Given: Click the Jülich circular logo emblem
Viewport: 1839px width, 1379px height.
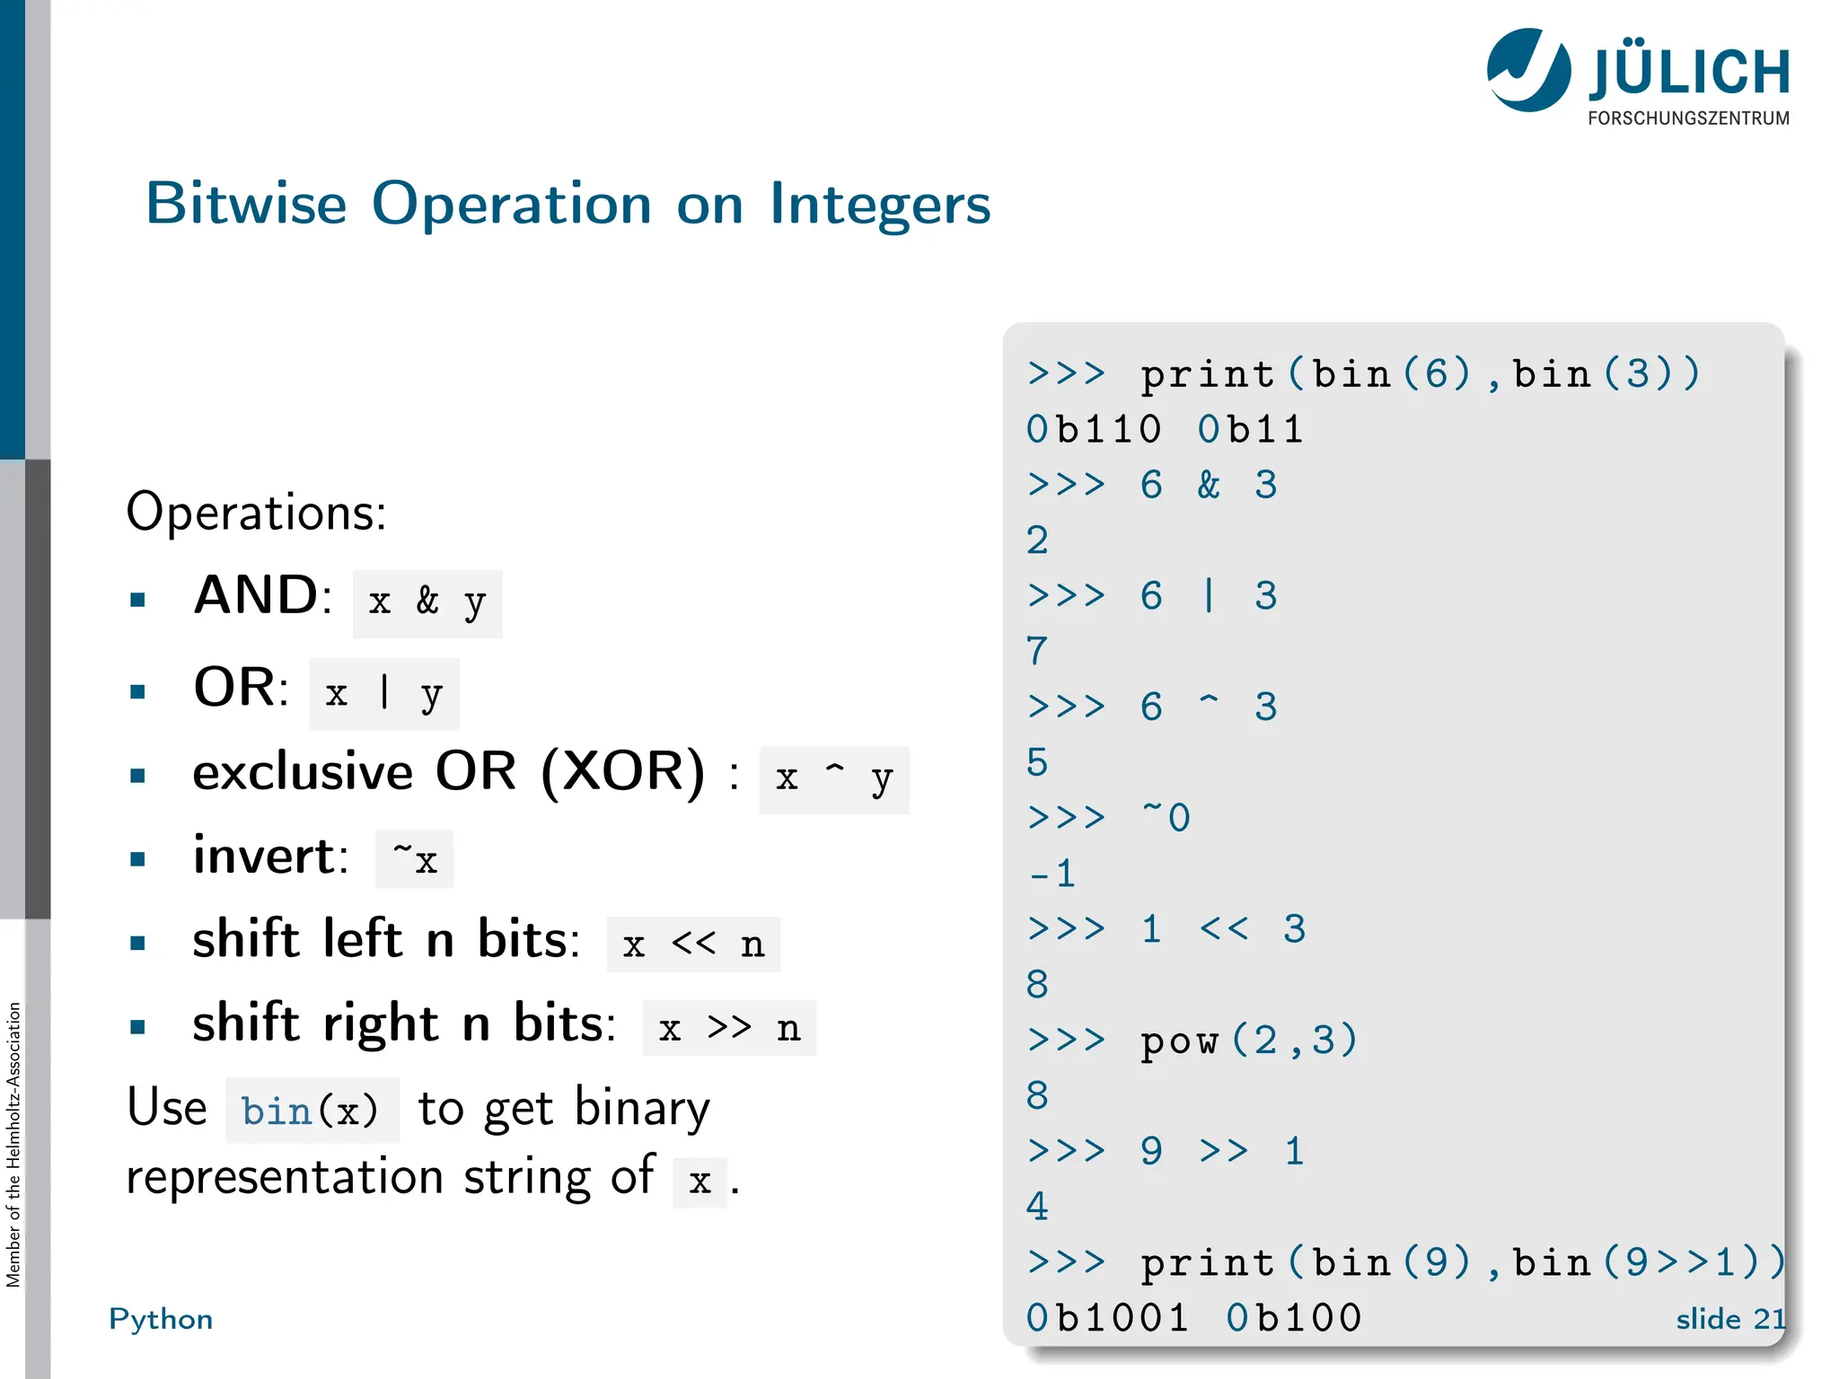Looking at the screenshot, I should click(x=1527, y=70).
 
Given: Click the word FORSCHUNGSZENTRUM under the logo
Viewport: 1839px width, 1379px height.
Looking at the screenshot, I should click(x=1688, y=119).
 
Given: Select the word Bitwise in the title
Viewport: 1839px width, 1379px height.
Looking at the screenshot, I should click(x=246, y=203).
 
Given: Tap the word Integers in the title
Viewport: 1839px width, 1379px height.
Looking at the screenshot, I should click(x=880, y=205).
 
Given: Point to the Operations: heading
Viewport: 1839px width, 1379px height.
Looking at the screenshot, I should click(x=256, y=513).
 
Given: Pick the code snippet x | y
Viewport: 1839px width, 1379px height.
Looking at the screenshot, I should click(x=384, y=694).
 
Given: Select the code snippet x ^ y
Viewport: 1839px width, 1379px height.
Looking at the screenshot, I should click(x=834, y=779).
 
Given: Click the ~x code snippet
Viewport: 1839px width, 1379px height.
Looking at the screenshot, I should click(x=415, y=859).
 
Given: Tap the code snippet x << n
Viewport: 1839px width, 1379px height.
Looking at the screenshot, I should click(x=693, y=944).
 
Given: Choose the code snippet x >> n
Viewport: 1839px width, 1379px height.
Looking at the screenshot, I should click(x=729, y=1028).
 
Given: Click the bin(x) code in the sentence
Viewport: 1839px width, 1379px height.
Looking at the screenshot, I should click(x=311, y=1111).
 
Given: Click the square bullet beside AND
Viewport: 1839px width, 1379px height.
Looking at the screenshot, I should click(x=137, y=600).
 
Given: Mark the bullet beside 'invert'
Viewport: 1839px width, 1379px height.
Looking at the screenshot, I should click(x=137, y=859).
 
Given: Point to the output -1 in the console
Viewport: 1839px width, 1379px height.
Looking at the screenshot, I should click(x=1051, y=874).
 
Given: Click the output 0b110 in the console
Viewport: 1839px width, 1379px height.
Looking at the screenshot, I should click(x=1094, y=430).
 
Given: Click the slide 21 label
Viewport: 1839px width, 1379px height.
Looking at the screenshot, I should click(x=1730, y=1319).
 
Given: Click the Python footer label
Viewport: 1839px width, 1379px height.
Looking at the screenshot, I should click(x=161, y=1319).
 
